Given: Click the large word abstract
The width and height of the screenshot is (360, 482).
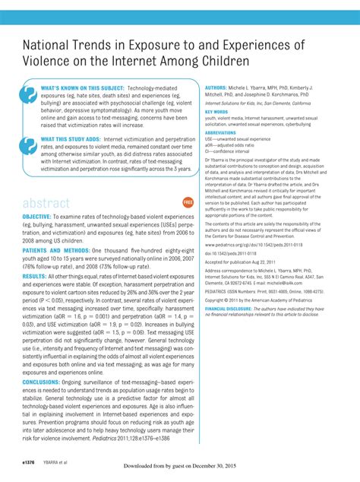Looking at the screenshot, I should (x=46, y=203).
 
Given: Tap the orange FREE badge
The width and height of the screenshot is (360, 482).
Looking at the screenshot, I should (x=188, y=202).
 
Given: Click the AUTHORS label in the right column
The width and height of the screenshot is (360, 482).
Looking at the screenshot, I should (x=219, y=87).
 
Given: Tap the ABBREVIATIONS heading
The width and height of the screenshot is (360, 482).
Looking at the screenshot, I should (x=221, y=132).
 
